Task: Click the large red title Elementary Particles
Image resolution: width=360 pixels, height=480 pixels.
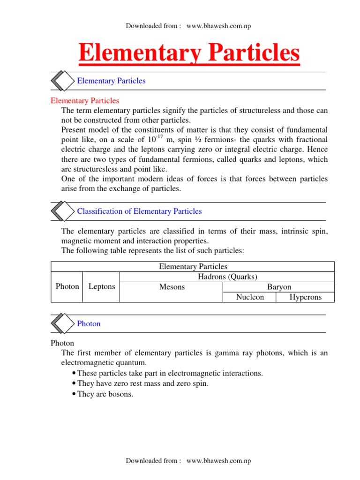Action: pyautogui.click(x=189, y=52)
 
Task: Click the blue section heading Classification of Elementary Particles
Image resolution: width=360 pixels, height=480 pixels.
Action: pyautogui.click(x=139, y=211)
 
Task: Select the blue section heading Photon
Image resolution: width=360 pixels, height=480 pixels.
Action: pyautogui.click(x=89, y=324)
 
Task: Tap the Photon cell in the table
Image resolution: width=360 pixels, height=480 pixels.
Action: pyautogui.click(x=67, y=287)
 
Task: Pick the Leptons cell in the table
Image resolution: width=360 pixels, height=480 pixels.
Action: pyautogui.click(x=101, y=287)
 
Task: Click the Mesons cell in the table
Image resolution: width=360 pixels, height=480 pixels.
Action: pyautogui.click(x=172, y=287)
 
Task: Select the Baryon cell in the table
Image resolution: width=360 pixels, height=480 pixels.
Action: pyautogui.click(x=278, y=287)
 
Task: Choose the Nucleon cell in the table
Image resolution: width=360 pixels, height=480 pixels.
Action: pyautogui.click(x=250, y=297)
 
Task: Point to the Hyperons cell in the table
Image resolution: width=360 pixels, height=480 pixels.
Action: pyautogui.click(x=305, y=297)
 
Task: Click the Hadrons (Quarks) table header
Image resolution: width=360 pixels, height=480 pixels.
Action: pyautogui.click(x=227, y=277)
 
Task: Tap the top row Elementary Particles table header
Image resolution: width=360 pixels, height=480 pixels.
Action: pyautogui.click(x=193, y=267)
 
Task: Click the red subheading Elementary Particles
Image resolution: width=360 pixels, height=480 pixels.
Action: pyautogui.click(x=85, y=101)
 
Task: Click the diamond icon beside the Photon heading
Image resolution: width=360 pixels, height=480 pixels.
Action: pyautogui.click(x=62, y=324)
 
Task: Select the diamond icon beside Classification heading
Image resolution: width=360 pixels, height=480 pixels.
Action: pyautogui.click(x=62, y=211)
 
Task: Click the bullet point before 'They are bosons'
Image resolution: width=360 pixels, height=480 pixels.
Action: pyautogui.click(x=75, y=395)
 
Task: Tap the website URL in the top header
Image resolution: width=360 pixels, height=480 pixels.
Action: pyautogui.click(x=218, y=26)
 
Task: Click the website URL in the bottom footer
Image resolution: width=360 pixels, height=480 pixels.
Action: pyautogui.click(x=218, y=461)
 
